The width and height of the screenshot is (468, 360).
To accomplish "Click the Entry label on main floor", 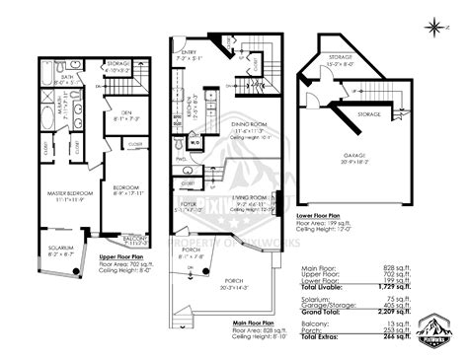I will (x=187, y=55).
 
